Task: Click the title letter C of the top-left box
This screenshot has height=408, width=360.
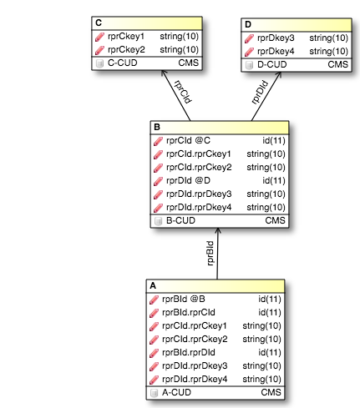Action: point(99,23)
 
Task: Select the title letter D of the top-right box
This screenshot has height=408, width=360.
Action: point(248,24)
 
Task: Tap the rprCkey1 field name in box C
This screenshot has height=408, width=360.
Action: point(126,37)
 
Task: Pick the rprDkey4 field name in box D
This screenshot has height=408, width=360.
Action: point(276,52)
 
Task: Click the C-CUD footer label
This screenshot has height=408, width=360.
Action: point(123,63)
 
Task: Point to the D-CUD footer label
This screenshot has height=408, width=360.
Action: point(272,64)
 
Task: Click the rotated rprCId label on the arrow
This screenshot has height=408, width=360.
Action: point(183,92)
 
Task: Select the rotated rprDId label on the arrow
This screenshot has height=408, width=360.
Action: point(260,93)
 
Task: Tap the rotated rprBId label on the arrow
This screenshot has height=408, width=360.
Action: point(210,253)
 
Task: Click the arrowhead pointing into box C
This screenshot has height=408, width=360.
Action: point(164,73)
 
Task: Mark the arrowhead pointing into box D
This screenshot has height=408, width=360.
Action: point(278,75)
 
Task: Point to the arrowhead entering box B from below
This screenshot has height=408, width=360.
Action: point(218,230)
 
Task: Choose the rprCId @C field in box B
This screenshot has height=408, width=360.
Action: point(188,141)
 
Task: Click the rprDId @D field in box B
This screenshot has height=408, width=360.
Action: point(188,181)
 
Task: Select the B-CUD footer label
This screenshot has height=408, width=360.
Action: point(180,220)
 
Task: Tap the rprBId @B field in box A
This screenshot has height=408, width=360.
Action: point(184,300)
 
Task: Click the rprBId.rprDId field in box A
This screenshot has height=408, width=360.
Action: point(189,353)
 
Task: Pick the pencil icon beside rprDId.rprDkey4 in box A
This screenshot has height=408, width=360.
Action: point(154,380)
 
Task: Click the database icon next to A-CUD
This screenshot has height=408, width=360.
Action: point(154,393)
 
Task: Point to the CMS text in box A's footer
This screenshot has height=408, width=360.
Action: point(271,392)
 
